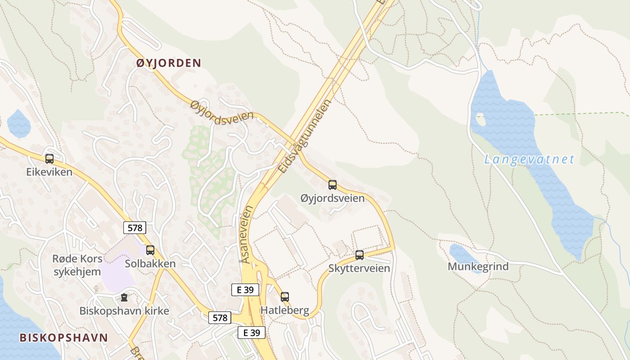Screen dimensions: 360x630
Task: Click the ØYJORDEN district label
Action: (x=169, y=63)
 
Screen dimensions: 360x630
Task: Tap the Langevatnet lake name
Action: (x=530, y=159)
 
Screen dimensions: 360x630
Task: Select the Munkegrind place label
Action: (x=478, y=266)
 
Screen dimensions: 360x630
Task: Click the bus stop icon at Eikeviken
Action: (x=49, y=159)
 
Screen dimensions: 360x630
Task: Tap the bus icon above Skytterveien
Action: (x=360, y=255)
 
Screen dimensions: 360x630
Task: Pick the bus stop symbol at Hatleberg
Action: (x=285, y=297)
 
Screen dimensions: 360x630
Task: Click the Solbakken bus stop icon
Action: (x=150, y=250)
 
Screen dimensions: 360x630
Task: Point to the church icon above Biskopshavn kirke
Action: (x=124, y=297)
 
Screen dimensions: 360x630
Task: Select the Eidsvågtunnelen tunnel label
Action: (x=305, y=136)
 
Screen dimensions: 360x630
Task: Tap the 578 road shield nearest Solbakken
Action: (x=135, y=228)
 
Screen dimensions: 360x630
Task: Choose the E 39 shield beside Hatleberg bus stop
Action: (x=245, y=290)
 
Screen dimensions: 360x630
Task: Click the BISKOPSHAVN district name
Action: (x=63, y=338)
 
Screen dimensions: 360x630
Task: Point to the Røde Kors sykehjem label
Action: (x=77, y=265)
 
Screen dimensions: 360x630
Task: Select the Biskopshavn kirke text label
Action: (x=124, y=311)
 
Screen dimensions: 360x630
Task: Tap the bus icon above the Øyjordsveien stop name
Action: (x=333, y=185)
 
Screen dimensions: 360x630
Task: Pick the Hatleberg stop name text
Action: (x=285, y=310)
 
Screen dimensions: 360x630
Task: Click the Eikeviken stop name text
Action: (x=49, y=172)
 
